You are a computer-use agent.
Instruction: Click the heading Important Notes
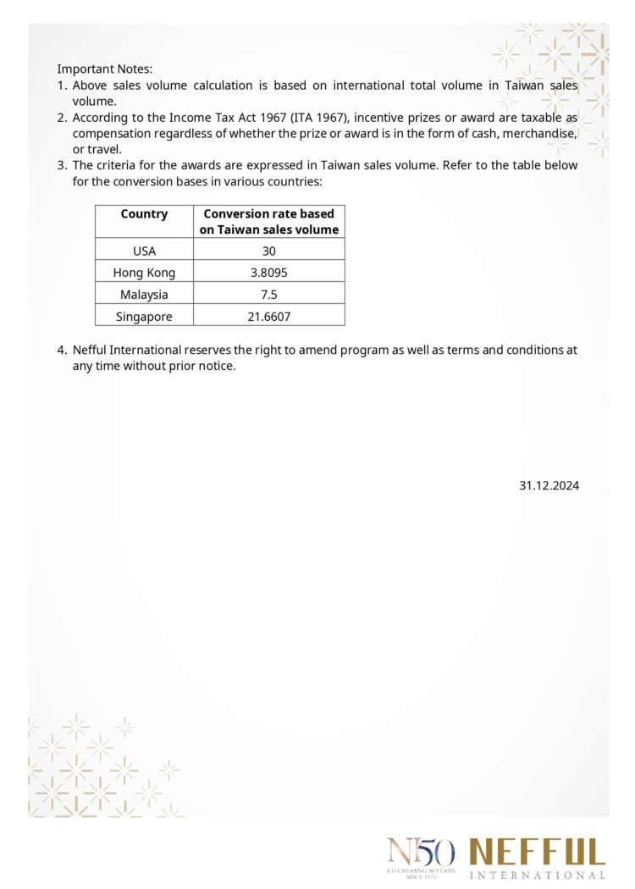coord(104,69)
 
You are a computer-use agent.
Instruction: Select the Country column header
coord(144,214)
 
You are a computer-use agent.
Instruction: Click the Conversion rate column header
coord(269,221)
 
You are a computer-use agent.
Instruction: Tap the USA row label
coord(144,251)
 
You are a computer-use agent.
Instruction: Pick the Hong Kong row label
coord(144,273)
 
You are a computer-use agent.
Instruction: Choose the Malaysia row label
coord(144,295)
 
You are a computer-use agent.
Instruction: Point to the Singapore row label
coord(144,317)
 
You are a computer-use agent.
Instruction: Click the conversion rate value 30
coord(269,251)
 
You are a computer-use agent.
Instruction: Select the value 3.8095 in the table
coord(269,273)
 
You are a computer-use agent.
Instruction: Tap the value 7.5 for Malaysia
coord(269,295)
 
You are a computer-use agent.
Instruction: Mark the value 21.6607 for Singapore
coord(269,317)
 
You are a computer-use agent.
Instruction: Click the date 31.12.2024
coord(549,485)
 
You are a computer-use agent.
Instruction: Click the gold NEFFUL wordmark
coord(538,852)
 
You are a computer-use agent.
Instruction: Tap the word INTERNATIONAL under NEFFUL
coord(538,875)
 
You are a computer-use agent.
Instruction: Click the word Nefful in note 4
coord(91,350)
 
